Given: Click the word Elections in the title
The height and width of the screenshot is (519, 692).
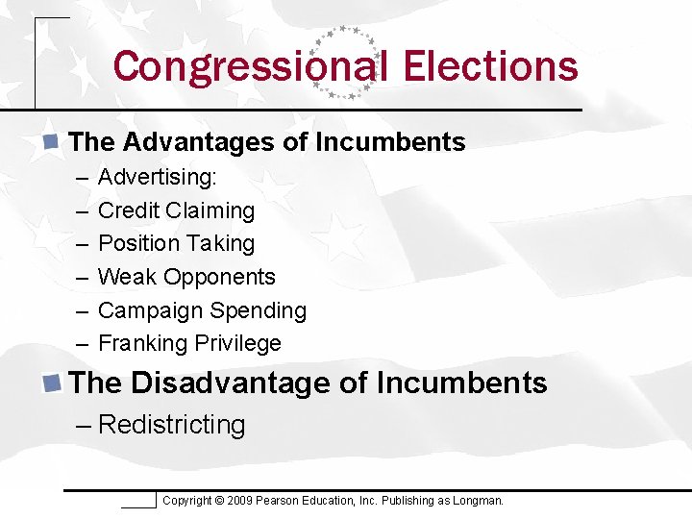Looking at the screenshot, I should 490,66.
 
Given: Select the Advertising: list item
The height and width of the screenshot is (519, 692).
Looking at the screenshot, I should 158,178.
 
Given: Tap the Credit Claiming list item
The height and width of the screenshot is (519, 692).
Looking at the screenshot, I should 176,210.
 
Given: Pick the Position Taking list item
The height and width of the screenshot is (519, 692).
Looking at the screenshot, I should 176,244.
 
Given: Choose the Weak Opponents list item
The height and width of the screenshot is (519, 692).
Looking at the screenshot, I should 186,277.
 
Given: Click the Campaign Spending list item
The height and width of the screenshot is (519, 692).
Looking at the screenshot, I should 202,310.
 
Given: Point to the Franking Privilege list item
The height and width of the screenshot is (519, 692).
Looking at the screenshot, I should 189,343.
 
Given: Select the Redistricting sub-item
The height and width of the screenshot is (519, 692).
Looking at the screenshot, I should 171,425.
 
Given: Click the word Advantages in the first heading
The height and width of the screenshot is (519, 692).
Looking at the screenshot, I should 198,142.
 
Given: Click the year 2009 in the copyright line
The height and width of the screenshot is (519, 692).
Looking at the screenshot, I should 240,501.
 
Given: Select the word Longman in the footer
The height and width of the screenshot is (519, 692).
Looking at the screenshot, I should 479,501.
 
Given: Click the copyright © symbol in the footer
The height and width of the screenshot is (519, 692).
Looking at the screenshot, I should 219,501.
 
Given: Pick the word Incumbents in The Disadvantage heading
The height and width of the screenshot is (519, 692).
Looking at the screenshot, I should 461,383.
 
